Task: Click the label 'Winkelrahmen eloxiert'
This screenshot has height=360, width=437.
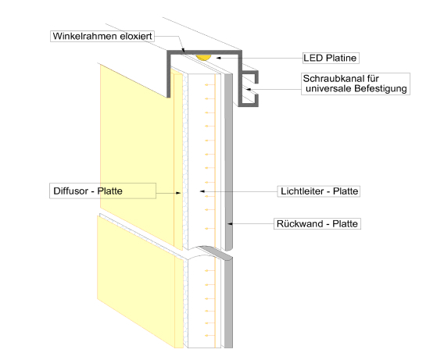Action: [x=102, y=36]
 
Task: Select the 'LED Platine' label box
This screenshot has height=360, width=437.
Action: [x=331, y=58]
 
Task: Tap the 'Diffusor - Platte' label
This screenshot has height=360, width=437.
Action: [x=102, y=191]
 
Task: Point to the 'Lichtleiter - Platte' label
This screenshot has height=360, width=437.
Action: [x=318, y=191]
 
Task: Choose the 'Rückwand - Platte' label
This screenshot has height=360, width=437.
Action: [x=317, y=223]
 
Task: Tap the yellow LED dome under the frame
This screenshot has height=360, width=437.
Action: [x=203, y=57]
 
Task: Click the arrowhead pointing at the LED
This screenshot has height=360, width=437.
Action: [x=219, y=58]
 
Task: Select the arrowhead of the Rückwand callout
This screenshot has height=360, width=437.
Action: [x=230, y=223]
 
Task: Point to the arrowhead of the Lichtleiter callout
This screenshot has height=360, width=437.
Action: [x=202, y=191]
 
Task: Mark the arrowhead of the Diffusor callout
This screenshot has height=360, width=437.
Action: [x=178, y=193]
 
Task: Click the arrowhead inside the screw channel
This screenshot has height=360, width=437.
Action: [x=249, y=90]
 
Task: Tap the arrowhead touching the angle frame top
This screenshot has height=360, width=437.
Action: [x=183, y=51]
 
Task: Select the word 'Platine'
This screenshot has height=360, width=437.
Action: [x=342, y=58]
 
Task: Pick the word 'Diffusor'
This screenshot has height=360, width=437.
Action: [x=71, y=191]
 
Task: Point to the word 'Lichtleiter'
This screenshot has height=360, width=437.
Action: [x=302, y=191]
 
